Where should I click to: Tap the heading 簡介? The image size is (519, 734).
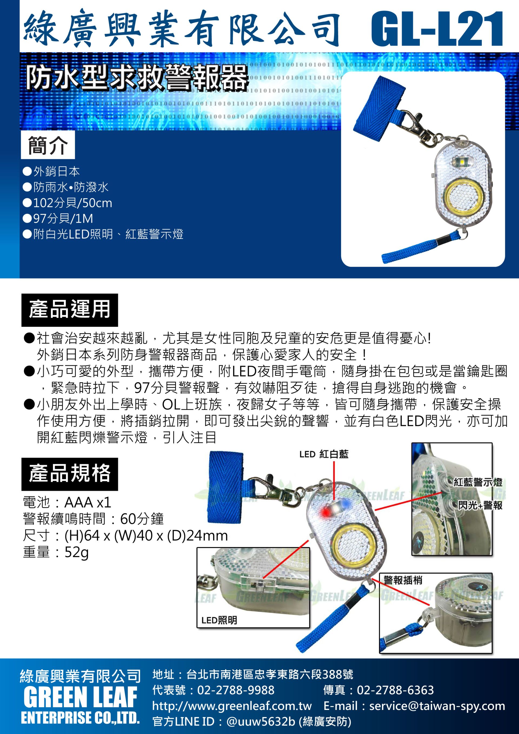tap(48, 145)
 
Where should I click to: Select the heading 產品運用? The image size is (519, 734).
tap(70, 309)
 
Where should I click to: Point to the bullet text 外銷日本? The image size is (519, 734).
tap(57, 171)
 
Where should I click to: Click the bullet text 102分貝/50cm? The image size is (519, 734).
tap(73, 203)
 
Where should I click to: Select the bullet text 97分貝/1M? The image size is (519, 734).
tap(63, 219)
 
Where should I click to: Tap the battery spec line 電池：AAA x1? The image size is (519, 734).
tap(67, 502)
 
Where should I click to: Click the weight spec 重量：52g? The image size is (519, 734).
tap(56, 552)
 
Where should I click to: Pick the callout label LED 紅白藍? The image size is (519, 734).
tap(324, 454)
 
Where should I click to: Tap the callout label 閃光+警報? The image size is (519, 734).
tap(480, 505)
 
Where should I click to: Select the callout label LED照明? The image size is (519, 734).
tap(219, 620)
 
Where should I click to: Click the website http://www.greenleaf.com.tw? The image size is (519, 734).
tap(232, 706)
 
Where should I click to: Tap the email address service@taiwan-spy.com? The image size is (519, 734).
tap(437, 706)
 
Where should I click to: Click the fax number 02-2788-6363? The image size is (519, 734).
tap(395, 690)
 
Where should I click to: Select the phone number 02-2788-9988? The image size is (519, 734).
tap(236, 690)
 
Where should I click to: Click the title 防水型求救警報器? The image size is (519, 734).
tap(137, 77)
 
